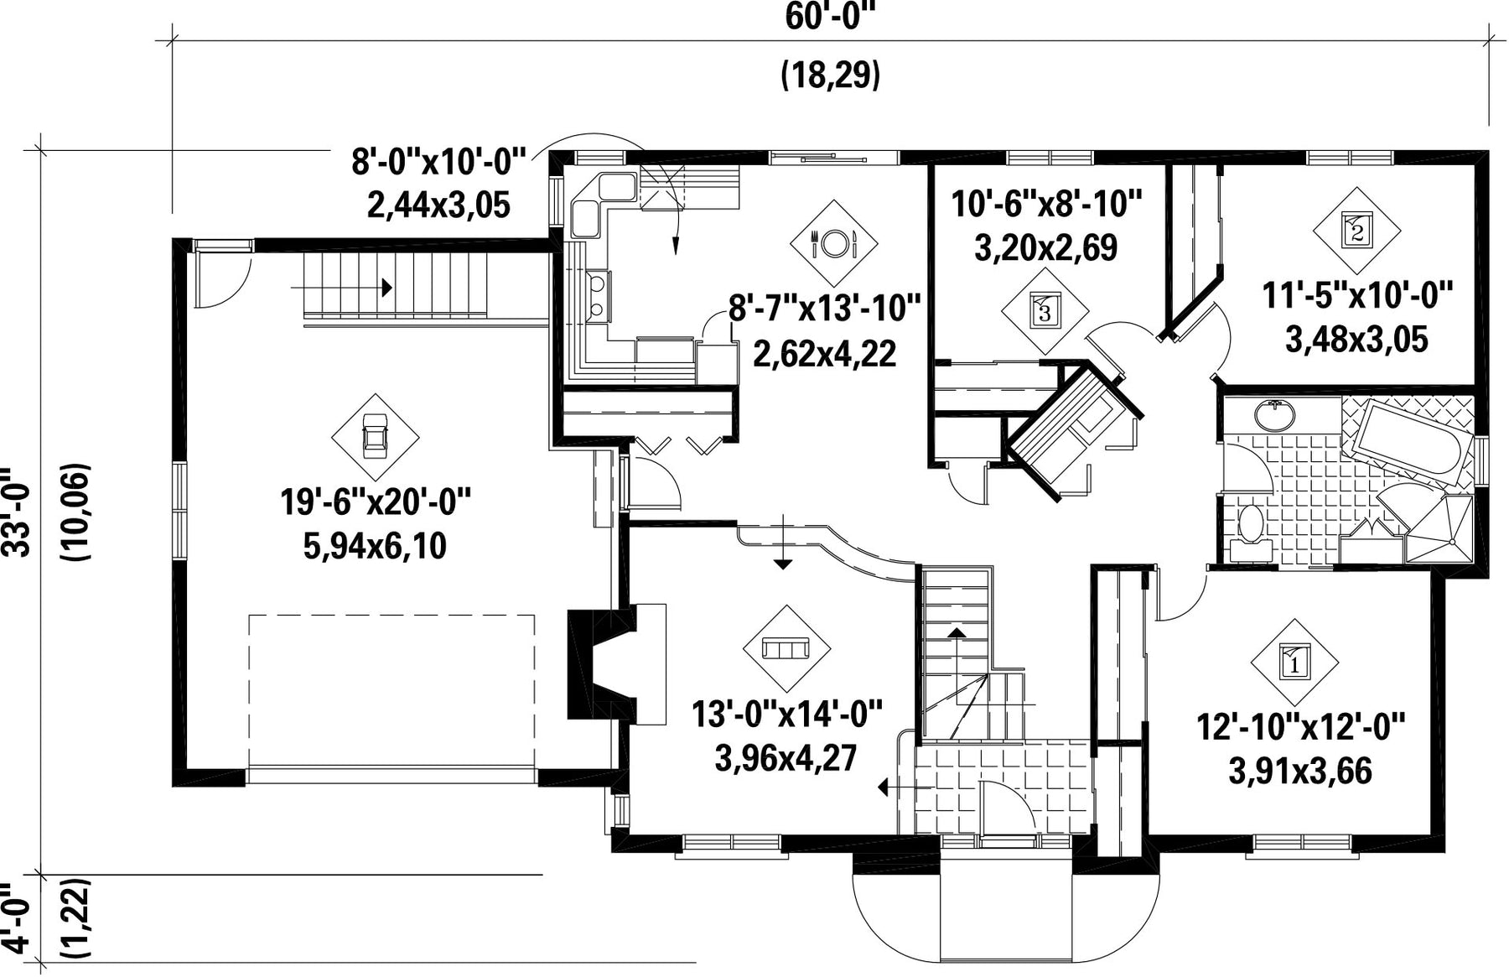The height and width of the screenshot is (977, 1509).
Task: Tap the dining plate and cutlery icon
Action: click(x=833, y=243)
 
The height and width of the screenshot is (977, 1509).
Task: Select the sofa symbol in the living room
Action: click(x=786, y=648)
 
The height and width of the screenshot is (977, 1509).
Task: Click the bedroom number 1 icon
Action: click(x=1294, y=663)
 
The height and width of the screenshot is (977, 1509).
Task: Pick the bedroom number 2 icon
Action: click(x=1356, y=229)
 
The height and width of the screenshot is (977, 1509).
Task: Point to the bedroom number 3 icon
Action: click(x=1045, y=311)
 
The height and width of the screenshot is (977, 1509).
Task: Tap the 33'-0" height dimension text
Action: click(x=18, y=511)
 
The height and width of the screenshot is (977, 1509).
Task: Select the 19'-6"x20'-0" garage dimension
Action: click(x=376, y=502)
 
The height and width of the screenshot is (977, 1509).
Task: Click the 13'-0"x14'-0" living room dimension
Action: click(x=787, y=715)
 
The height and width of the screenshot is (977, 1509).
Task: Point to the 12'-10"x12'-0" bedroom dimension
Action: click(x=1300, y=727)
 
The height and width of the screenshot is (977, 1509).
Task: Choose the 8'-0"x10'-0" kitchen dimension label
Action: click(x=438, y=161)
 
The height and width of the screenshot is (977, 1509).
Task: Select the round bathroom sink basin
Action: click(x=1274, y=414)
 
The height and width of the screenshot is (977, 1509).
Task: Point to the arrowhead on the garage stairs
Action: click(x=386, y=288)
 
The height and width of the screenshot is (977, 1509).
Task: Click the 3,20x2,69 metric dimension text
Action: click(x=1045, y=248)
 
